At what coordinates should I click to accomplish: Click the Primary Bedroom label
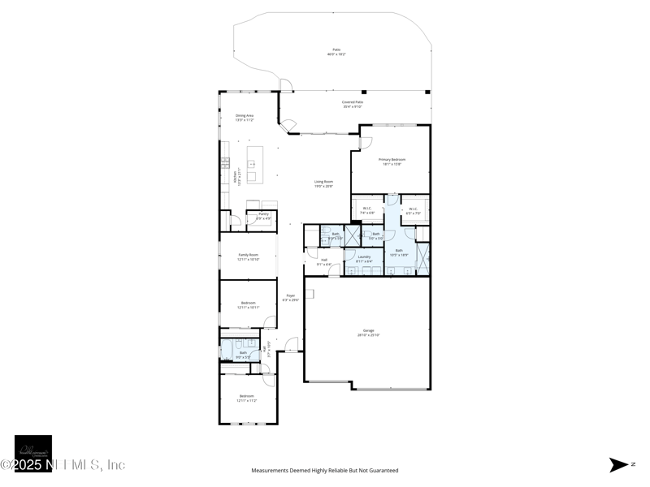pyautogui.click(x=392, y=162)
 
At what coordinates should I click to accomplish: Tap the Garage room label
pyautogui.click(x=368, y=333)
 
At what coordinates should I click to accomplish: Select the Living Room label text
pyautogui.click(x=324, y=184)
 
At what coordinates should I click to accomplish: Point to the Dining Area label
pyautogui.click(x=245, y=118)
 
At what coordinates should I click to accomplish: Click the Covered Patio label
pyautogui.click(x=352, y=104)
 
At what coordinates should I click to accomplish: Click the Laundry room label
pyautogui.click(x=364, y=259)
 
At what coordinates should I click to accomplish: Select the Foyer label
pyautogui.click(x=290, y=298)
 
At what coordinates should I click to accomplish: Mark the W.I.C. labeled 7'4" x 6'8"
pyautogui.click(x=366, y=211)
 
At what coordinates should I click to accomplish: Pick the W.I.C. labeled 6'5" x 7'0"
pyautogui.click(x=413, y=211)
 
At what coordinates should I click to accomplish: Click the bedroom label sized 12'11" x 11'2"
pyautogui.click(x=246, y=399)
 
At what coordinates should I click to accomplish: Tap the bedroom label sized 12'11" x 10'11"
pyautogui.click(x=248, y=304)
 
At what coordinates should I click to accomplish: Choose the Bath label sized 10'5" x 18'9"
pyautogui.click(x=399, y=252)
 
